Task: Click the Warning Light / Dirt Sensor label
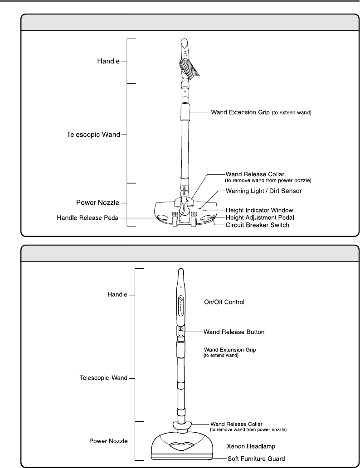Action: pyautogui.click(x=263, y=191)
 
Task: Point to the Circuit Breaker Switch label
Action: pyautogui.click(x=258, y=225)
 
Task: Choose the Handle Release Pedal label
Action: pyautogui.click(x=88, y=218)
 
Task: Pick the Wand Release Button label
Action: pyautogui.click(x=234, y=332)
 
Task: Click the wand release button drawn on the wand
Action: pyautogui.click(x=180, y=332)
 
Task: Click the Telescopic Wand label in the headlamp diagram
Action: pyautogui.click(x=100, y=377)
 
